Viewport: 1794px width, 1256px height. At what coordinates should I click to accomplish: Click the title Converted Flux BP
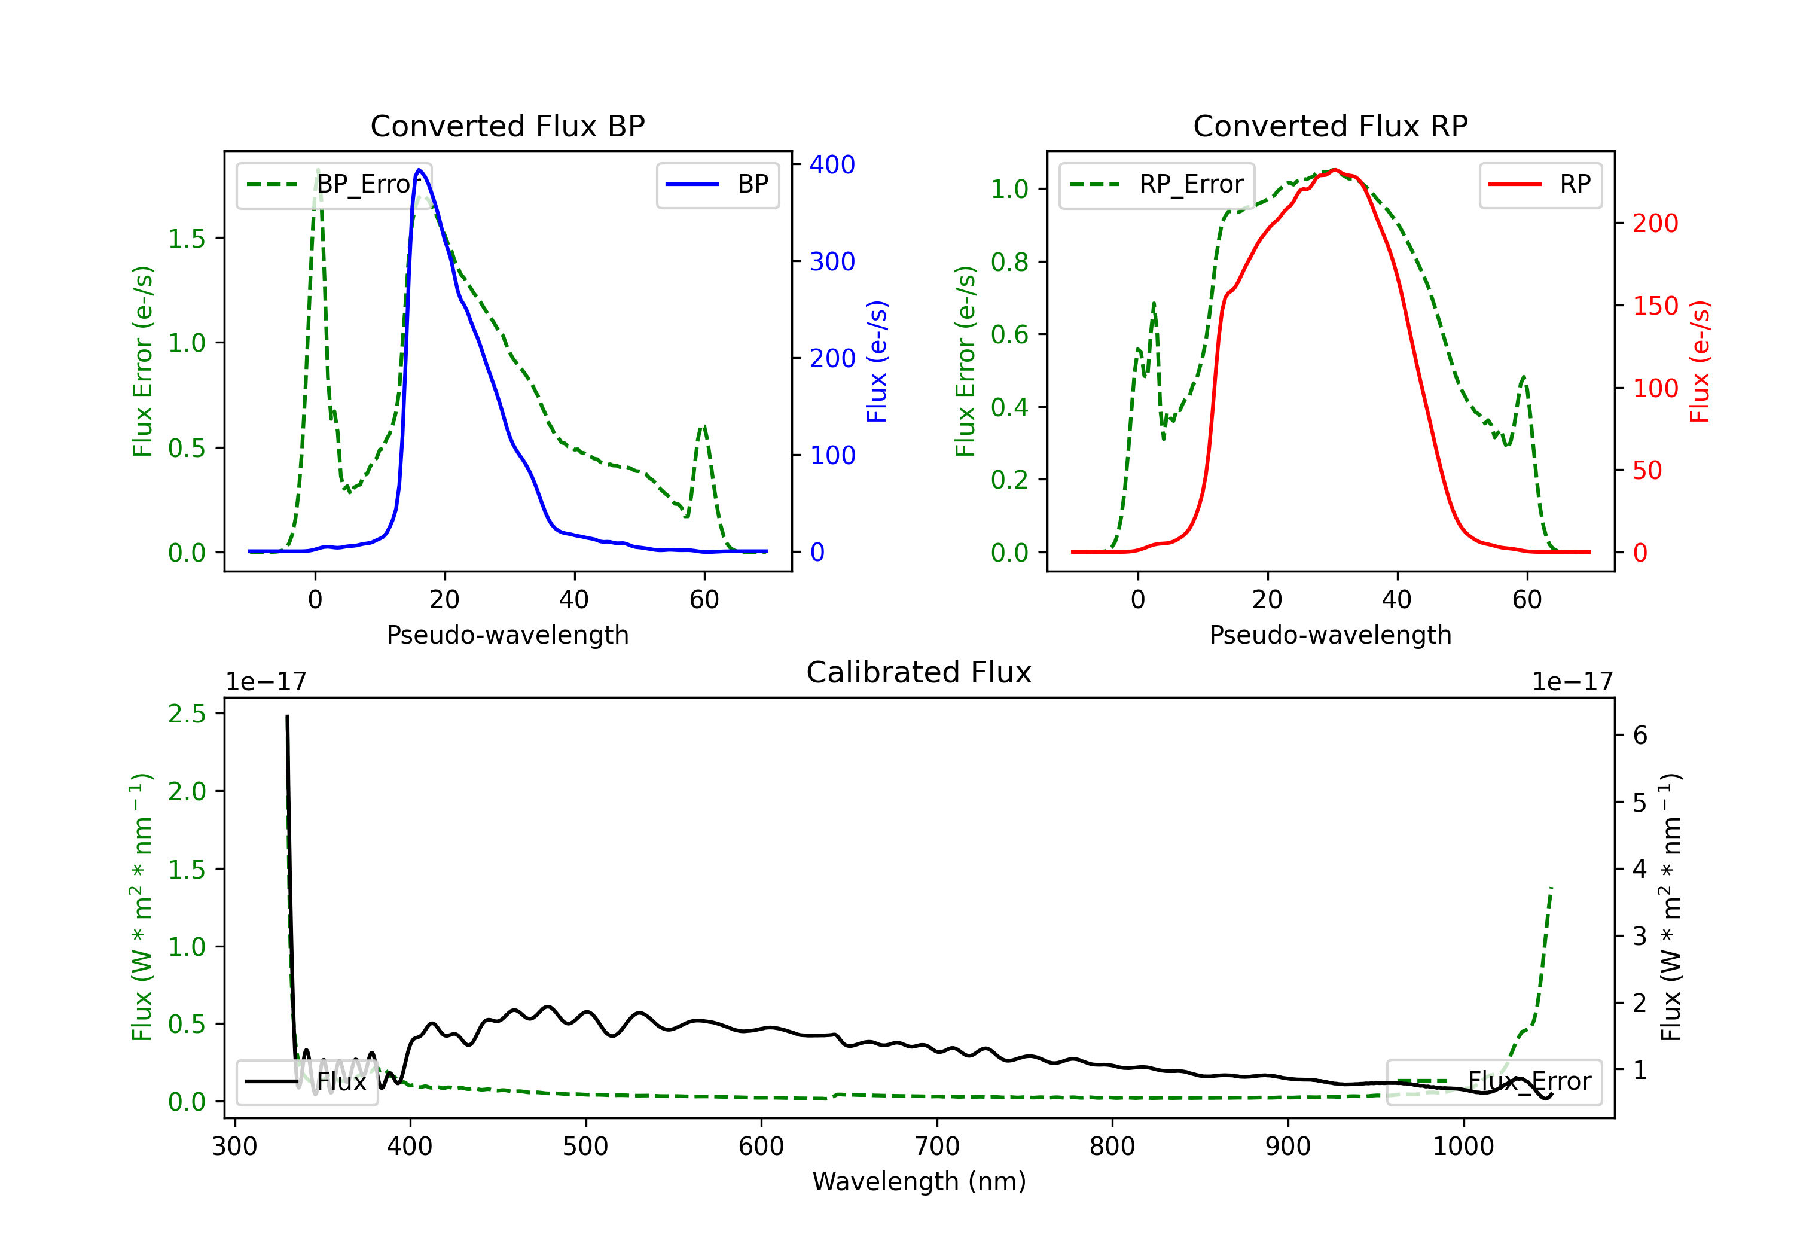coord(507,126)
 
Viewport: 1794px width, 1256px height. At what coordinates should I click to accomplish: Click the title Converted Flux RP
coord(1330,126)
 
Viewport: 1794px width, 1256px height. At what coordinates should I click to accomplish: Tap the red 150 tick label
coord(1655,306)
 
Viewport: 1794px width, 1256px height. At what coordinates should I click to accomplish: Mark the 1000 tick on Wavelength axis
coord(1463,1147)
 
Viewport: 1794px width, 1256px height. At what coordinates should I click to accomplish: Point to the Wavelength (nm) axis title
coord(919,1181)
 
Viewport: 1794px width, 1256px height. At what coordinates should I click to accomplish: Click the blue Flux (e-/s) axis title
coord(877,361)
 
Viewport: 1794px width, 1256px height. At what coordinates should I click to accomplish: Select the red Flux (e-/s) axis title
coord(1700,361)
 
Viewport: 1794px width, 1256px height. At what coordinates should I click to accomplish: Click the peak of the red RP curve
coord(1335,170)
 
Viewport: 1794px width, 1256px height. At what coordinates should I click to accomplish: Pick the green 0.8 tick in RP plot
coord(1009,262)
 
